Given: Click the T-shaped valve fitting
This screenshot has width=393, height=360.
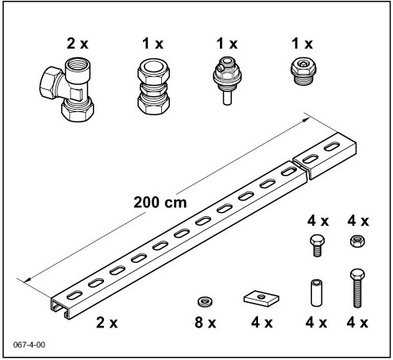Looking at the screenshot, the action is pyautogui.click(x=67, y=89).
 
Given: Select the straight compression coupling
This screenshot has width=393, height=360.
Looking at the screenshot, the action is pyautogui.click(x=153, y=87).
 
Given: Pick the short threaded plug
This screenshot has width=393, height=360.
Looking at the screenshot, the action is pyautogui.click(x=303, y=72).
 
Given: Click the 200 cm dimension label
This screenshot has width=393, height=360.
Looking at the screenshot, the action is pyautogui.click(x=160, y=203).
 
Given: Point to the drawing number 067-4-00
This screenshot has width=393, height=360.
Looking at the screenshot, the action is pyautogui.click(x=29, y=345).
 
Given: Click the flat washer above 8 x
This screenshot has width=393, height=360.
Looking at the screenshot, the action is pyautogui.click(x=206, y=301).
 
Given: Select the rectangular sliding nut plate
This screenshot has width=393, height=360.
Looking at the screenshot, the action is pyautogui.click(x=261, y=298).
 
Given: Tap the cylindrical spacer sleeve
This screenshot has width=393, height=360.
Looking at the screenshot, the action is pyautogui.click(x=316, y=293).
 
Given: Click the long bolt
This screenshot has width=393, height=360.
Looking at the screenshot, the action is pyautogui.click(x=357, y=288).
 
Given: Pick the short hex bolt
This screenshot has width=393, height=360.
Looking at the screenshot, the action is pyautogui.click(x=317, y=246).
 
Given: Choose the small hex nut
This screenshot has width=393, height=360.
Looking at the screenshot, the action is pyautogui.click(x=357, y=242).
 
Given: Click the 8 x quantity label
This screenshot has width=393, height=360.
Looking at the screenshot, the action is pyautogui.click(x=206, y=323).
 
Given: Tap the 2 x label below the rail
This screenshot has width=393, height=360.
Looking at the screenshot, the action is pyautogui.click(x=106, y=323).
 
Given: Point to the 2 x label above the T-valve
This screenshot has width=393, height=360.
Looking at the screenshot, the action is pyautogui.click(x=77, y=44).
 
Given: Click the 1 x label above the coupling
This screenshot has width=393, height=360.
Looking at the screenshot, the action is pyautogui.click(x=153, y=44).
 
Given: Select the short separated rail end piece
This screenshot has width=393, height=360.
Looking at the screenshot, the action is pyautogui.click(x=325, y=156).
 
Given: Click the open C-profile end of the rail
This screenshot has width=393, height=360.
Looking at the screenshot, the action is pyautogui.click(x=60, y=309).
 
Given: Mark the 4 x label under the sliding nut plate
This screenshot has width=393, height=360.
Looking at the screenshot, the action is pyautogui.click(x=262, y=323).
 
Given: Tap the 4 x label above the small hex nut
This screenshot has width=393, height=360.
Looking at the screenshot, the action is pyautogui.click(x=358, y=221).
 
